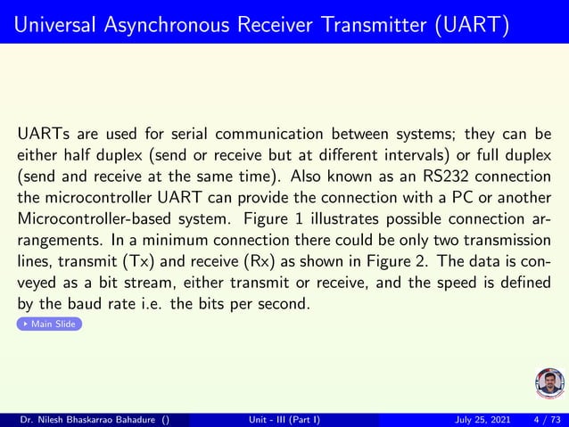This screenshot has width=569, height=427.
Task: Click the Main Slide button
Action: coord(50,324)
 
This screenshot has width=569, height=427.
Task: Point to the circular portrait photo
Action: coord(549,383)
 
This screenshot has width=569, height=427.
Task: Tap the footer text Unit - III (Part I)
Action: coord(284,419)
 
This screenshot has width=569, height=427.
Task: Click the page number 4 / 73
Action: coord(546,419)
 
